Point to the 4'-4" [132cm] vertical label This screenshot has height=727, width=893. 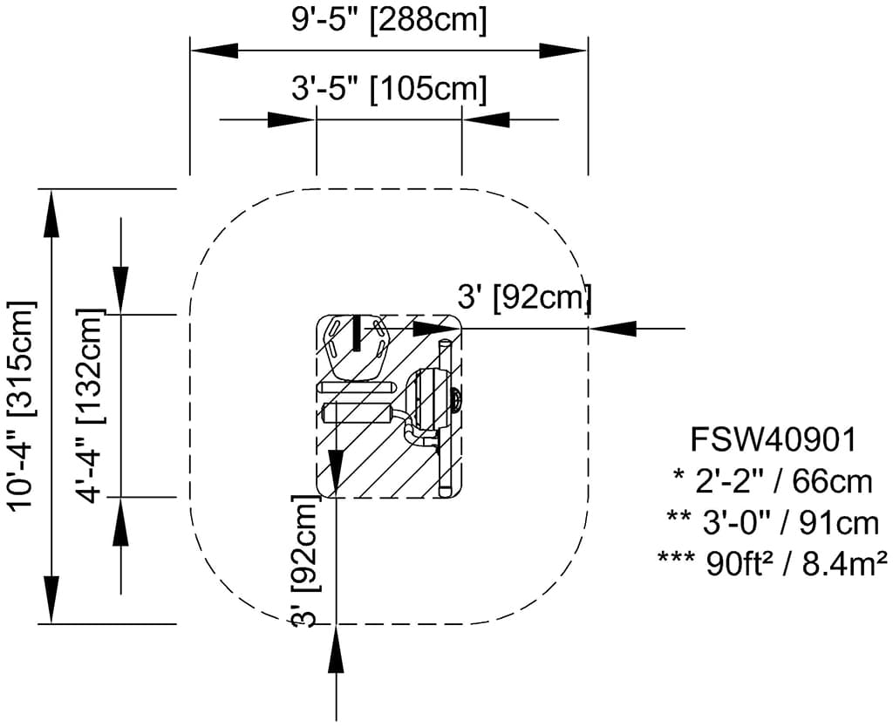[x=91, y=406]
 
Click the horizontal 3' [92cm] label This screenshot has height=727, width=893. [x=524, y=297]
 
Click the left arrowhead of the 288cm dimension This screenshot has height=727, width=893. [x=214, y=50]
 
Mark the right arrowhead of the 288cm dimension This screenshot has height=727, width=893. [x=562, y=50]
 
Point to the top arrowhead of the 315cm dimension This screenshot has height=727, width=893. [x=51, y=214]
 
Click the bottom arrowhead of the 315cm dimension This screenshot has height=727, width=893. [x=51, y=600]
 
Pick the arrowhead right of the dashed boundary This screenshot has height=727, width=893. [x=612, y=329]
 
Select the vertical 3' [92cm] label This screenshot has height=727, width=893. [x=303, y=561]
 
